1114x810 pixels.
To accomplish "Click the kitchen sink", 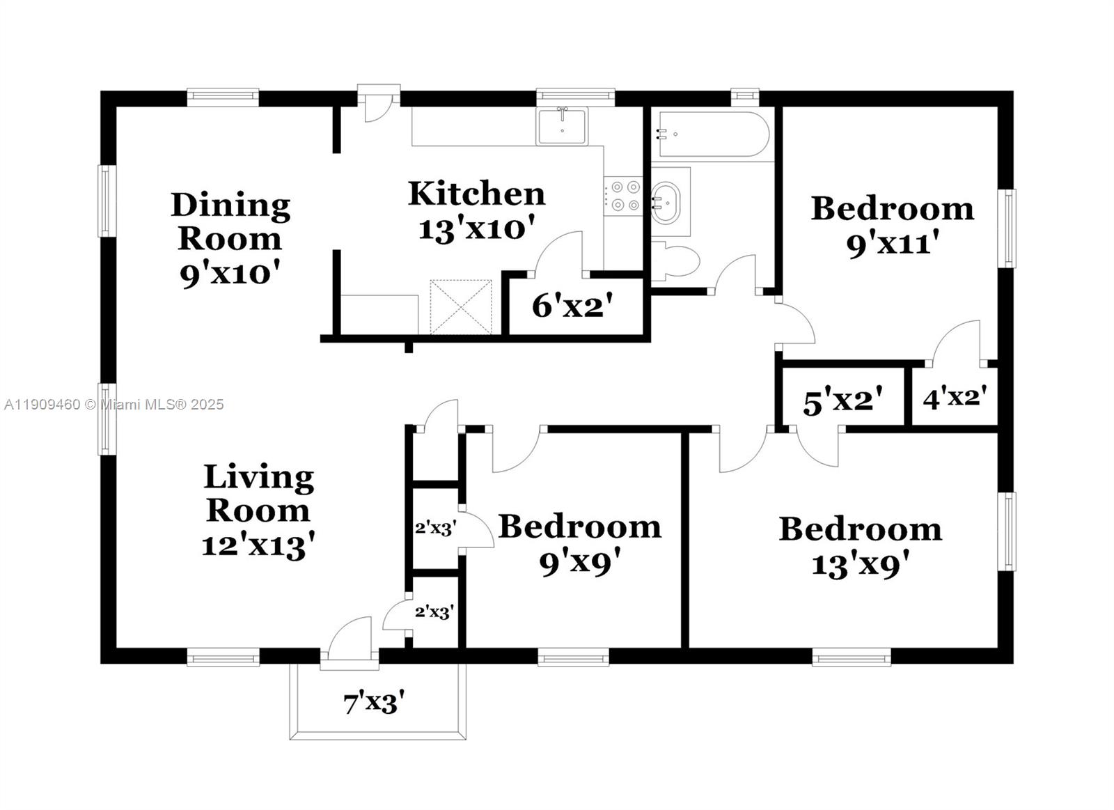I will pyautogui.click(x=561, y=126).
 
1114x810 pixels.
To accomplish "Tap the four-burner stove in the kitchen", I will pyautogui.click(x=622, y=196).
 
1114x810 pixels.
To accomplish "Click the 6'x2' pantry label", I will pyautogui.click(x=572, y=306).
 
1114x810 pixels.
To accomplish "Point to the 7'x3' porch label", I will pyautogui.click(x=374, y=703).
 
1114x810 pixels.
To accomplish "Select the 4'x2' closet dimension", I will pyautogui.click(x=955, y=398).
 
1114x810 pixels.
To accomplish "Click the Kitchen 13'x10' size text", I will pyautogui.click(x=476, y=228).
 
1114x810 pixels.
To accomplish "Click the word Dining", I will pyautogui.click(x=230, y=205).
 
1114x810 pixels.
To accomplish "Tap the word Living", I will pyautogui.click(x=258, y=478).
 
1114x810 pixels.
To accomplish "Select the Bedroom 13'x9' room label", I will pyautogui.click(x=860, y=546).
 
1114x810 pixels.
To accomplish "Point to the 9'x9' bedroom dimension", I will pyautogui.click(x=579, y=562).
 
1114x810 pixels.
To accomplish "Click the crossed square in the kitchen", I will pyautogui.click(x=461, y=307).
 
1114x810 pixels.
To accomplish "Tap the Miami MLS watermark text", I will pyautogui.click(x=114, y=405).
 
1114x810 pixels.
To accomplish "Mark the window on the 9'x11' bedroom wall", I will pyautogui.click(x=1007, y=228).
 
